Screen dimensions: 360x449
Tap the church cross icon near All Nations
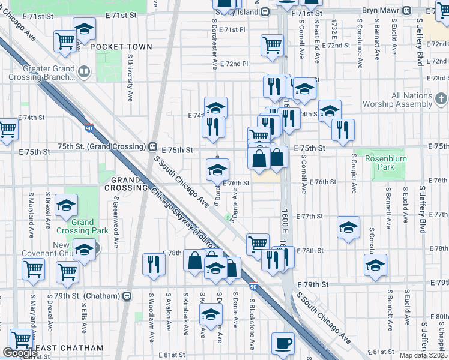441,98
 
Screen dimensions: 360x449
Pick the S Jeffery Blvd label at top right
420,41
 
